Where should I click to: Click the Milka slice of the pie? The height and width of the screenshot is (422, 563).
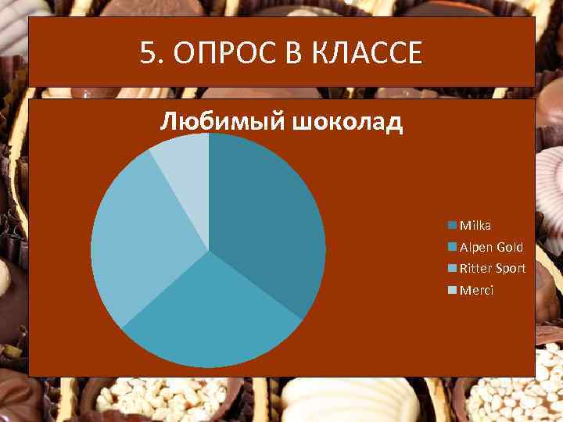tap(266, 219)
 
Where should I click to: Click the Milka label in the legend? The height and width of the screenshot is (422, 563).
tap(475, 225)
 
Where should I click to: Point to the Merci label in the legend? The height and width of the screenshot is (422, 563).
tap(476, 290)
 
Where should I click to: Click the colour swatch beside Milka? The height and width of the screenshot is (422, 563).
tap(452, 226)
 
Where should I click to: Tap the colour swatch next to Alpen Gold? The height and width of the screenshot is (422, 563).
tap(452, 248)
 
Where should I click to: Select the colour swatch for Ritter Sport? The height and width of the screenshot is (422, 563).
tap(452, 269)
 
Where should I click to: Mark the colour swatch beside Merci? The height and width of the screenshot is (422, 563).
tap(452, 291)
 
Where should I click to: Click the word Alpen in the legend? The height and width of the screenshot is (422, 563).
tap(476, 247)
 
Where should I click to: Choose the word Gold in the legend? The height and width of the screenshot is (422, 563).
tap(510, 247)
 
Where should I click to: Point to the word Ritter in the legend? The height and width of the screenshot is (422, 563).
tap(474, 269)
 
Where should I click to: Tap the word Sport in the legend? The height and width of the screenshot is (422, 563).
tap(509, 269)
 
